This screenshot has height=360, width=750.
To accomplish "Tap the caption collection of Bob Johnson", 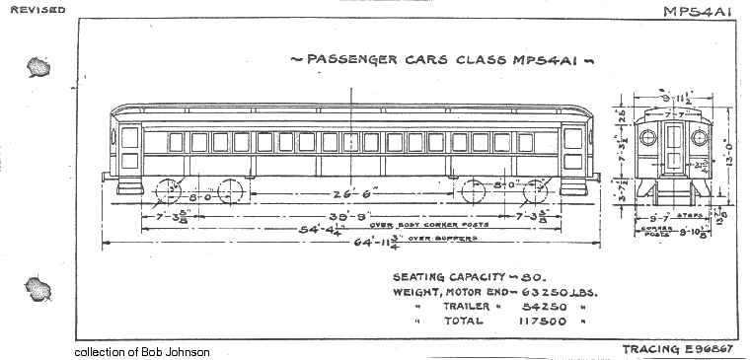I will click(x=141, y=352).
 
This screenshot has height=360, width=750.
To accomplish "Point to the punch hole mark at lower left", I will click(x=38, y=289).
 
